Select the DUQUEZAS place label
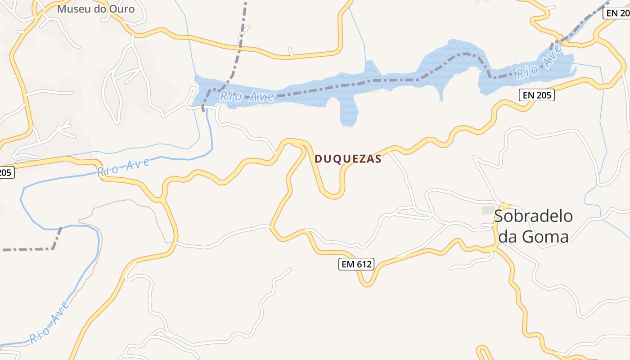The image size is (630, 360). coord(348,159)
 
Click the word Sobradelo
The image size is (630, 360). coord(533,216)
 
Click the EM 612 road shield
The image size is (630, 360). coord(356,264)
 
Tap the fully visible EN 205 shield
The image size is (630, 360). coord(536,95)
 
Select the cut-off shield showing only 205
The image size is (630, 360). coord(6,172)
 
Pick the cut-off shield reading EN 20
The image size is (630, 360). coord(617,13)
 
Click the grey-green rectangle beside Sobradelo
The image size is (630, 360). coord(488,210)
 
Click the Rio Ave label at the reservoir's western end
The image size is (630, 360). coord(247,96)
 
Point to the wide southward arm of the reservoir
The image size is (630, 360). coord(349,112)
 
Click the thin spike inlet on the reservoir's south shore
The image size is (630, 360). coord(441,95)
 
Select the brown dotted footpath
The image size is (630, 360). coord(135,202)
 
